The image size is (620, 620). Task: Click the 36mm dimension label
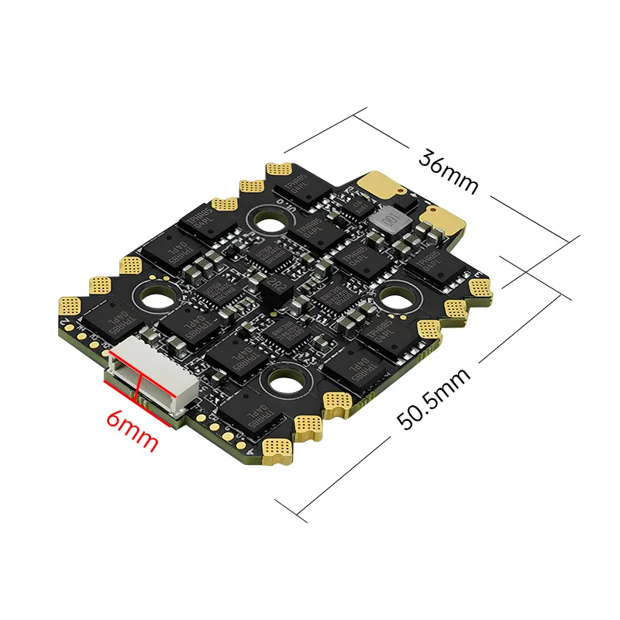(x=448, y=170)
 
